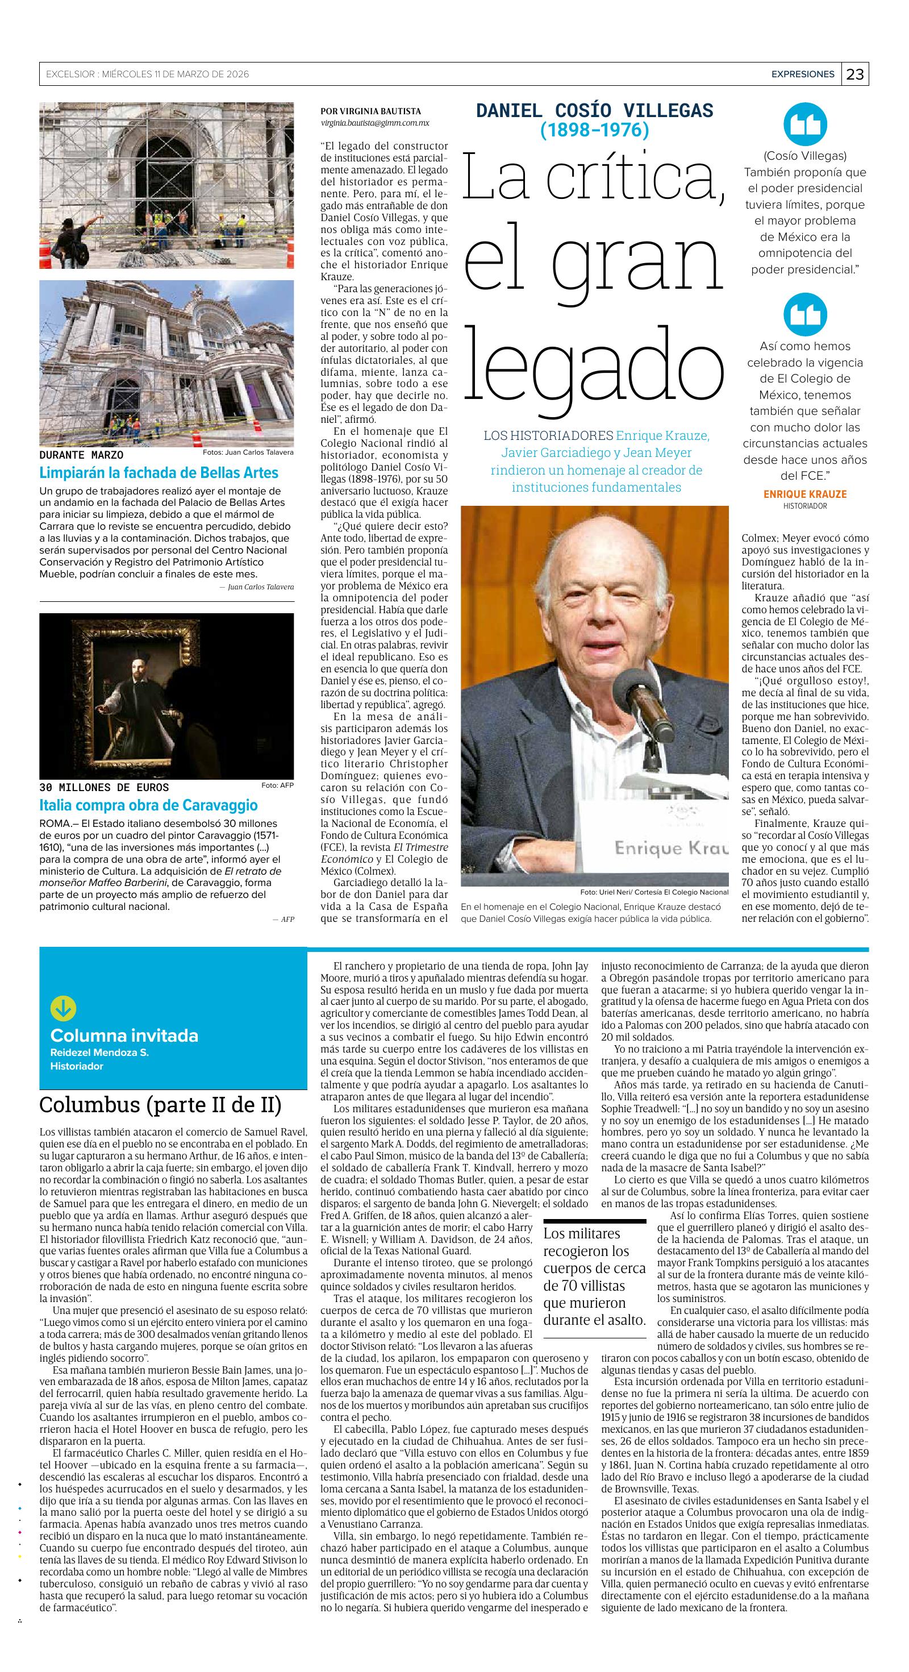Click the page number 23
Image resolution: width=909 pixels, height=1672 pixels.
click(855, 74)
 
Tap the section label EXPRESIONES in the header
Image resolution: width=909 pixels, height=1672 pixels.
click(803, 74)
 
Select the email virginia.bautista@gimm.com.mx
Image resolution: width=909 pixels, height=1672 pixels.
click(374, 123)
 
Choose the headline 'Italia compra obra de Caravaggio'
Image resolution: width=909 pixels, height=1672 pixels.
click(149, 805)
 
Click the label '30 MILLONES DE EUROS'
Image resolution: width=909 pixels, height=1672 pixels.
click(104, 787)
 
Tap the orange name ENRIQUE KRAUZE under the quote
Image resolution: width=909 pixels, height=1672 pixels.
click(804, 494)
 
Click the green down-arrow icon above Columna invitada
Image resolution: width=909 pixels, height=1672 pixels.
click(63, 1008)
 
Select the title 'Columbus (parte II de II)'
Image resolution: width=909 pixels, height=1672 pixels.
click(161, 1104)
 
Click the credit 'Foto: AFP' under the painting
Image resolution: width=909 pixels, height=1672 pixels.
click(277, 785)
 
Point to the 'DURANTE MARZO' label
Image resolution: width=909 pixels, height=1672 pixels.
click(81, 455)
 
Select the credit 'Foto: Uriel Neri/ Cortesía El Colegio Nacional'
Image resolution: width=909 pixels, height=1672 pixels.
click(654, 892)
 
